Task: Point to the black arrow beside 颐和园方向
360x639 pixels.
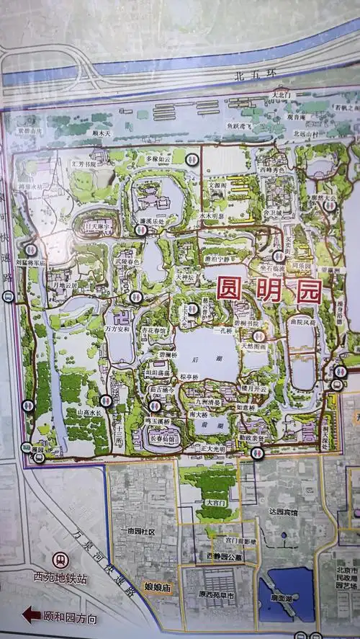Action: click(31, 615)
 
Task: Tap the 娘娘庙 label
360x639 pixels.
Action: click(156, 587)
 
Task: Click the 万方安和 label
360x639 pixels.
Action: click(118, 329)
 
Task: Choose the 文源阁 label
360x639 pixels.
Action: click(217, 184)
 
